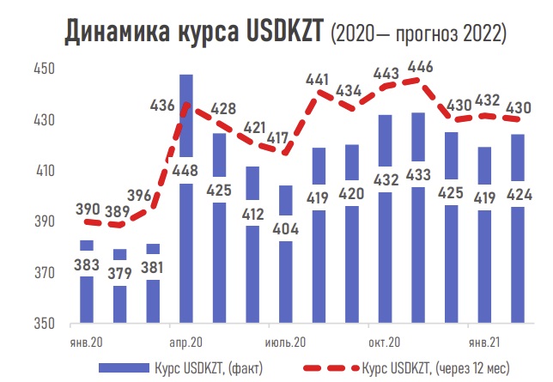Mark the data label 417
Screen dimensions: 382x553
[277, 137]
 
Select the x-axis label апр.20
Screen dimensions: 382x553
[185, 340]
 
